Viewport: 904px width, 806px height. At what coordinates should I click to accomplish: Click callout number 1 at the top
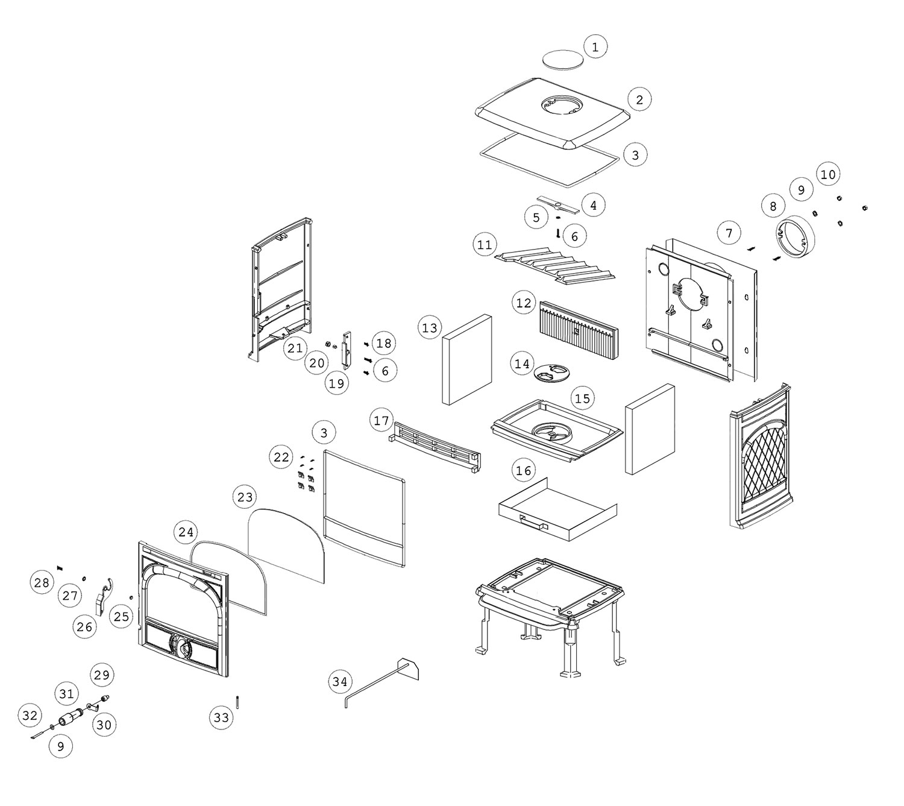[x=595, y=47]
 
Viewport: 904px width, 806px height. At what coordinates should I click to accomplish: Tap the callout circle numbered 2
[x=639, y=99]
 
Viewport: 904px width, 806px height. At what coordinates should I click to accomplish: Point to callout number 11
[x=485, y=245]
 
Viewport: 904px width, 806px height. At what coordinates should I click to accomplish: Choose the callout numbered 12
[x=524, y=303]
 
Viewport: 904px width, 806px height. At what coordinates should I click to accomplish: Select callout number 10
[x=828, y=174]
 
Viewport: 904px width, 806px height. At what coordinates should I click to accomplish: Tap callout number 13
[x=430, y=328]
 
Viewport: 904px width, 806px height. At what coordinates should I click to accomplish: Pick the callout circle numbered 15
[x=582, y=398]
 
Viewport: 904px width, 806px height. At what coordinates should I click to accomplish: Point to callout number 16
[x=524, y=470]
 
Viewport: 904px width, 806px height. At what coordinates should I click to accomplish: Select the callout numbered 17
[x=381, y=420]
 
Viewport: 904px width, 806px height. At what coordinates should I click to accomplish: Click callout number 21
[x=295, y=348]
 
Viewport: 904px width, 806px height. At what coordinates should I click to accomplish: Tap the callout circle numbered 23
[x=245, y=497]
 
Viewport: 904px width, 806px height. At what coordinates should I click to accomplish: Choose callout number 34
[x=340, y=682]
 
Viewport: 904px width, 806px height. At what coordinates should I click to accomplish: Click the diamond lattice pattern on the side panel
[x=766, y=467]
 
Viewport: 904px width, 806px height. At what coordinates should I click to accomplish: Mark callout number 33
[x=222, y=717]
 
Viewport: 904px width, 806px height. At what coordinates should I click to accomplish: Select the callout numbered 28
[x=42, y=583]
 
